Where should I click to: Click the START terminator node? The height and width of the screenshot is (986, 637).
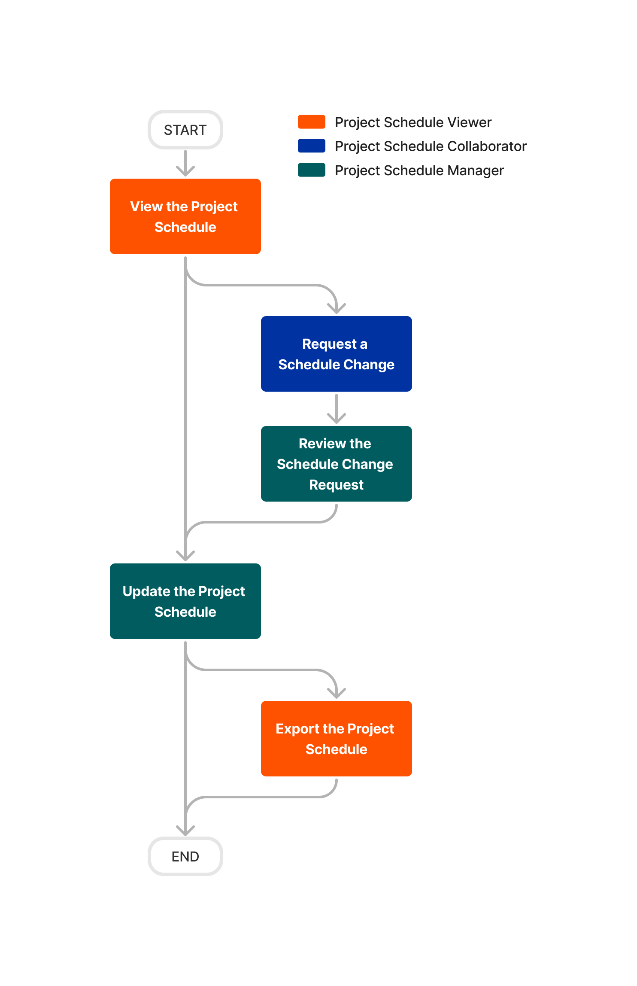pos(185,130)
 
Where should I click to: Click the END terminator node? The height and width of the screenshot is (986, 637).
pos(185,856)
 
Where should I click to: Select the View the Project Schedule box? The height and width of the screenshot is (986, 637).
pos(185,216)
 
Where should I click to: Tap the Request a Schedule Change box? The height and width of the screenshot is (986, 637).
pos(336,354)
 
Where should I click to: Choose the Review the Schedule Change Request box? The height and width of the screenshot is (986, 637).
pos(336,464)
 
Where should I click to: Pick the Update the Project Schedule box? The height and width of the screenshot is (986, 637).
pos(185,601)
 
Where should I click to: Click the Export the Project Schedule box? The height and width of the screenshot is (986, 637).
pos(336,739)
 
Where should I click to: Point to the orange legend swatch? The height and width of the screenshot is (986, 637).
pos(311,122)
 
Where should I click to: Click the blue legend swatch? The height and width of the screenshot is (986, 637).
pos(311,146)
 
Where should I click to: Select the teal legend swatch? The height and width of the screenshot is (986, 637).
pos(311,170)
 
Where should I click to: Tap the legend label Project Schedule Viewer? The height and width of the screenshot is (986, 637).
pos(413,122)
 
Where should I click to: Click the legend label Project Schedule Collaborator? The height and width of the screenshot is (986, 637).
pos(431,146)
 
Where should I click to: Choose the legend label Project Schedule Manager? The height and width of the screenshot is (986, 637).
pos(419,170)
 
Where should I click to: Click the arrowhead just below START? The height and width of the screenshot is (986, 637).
pos(185,172)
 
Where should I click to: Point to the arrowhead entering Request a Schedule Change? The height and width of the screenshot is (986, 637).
pos(336,309)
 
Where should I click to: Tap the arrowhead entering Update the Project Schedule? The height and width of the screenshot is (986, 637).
pos(185,557)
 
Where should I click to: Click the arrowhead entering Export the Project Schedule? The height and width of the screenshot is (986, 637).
pos(336,694)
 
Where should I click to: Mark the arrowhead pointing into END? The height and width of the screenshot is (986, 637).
pos(185,831)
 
